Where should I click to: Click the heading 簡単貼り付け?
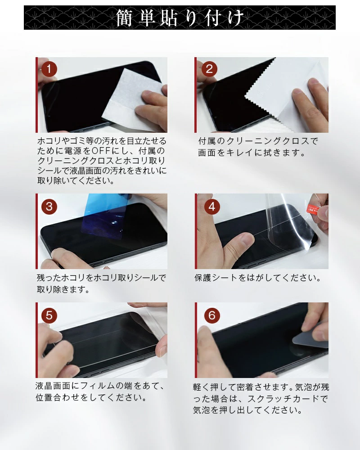(180, 18)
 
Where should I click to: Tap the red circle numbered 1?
(49, 69)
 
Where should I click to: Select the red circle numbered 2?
(209, 69)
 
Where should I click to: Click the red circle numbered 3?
(49, 207)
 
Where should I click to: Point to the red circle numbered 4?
(212, 207)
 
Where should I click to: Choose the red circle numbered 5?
(49, 315)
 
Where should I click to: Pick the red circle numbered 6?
(212, 315)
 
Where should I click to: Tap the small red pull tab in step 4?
(313, 210)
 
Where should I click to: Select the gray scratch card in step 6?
(310, 336)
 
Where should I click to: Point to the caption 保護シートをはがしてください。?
(257, 278)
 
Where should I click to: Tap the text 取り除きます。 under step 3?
(63, 289)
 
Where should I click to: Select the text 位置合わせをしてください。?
(91, 398)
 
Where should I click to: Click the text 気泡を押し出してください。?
(247, 410)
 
